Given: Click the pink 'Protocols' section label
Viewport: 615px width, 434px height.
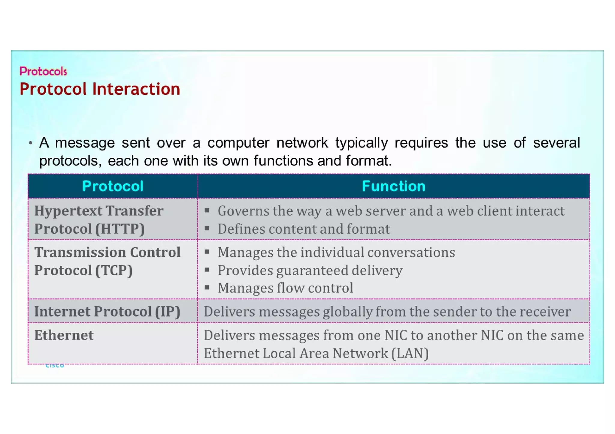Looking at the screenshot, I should point(43,71).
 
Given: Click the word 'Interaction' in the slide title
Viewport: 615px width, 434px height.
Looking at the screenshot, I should point(136,89).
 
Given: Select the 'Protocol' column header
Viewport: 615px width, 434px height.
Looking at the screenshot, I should point(113,186).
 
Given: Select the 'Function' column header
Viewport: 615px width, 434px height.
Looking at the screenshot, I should point(393,186).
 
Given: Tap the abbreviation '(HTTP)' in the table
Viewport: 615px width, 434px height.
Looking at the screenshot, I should point(120,229).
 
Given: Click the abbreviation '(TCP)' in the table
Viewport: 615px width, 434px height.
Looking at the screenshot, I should point(114,270).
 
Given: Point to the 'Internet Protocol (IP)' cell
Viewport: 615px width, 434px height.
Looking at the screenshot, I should point(107,311).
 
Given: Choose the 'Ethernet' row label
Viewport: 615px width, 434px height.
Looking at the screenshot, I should point(64,335).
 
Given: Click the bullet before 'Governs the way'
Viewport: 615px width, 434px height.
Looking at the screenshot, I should point(207,211).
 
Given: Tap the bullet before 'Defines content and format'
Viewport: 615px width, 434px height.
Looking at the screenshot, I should point(207,229).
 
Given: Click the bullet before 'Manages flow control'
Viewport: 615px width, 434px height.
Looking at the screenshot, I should point(207,288).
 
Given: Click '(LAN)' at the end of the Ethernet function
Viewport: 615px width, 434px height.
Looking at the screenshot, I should point(410,353).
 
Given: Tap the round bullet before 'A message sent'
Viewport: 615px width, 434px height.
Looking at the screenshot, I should point(30,143).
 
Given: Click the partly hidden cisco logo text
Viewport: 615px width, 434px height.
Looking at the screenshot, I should point(55,366).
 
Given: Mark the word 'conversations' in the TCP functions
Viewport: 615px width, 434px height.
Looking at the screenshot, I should point(411,252).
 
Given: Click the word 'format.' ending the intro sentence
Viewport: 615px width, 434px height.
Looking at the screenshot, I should point(368,161).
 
